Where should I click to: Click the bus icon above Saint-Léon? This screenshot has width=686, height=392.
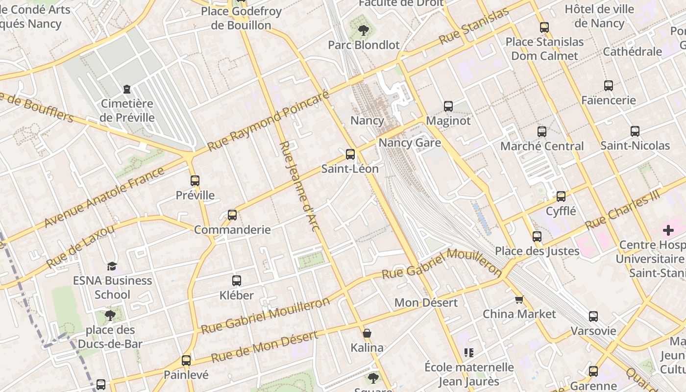(x=350, y=154)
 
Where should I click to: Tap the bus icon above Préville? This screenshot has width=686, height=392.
(x=195, y=181)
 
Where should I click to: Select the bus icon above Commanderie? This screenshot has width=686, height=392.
(x=232, y=215)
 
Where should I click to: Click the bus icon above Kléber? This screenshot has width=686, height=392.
(x=237, y=281)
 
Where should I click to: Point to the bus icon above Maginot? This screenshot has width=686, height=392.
(x=448, y=106)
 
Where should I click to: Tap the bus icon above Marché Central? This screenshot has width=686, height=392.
(x=541, y=132)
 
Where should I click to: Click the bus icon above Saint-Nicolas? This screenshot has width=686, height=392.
(x=635, y=131)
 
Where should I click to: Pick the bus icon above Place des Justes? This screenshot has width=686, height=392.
(x=537, y=237)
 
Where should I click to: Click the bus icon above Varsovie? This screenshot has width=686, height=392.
(x=593, y=317)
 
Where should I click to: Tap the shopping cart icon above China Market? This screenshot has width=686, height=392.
(x=519, y=299)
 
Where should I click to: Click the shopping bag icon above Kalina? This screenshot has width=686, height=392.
(x=367, y=334)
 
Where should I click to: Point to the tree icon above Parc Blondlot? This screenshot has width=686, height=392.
(x=364, y=30)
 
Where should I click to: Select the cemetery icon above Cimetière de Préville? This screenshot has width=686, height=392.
(x=127, y=89)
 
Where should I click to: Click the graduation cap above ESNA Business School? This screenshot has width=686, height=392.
(x=112, y=266)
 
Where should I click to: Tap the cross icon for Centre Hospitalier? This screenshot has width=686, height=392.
(x=668, y=230)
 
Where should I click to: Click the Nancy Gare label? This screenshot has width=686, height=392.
(x=410, y=143)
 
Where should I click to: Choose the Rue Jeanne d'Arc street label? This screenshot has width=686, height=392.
(x=299, y=186)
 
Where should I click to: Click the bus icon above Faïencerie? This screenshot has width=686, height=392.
(x=609, y=86)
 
